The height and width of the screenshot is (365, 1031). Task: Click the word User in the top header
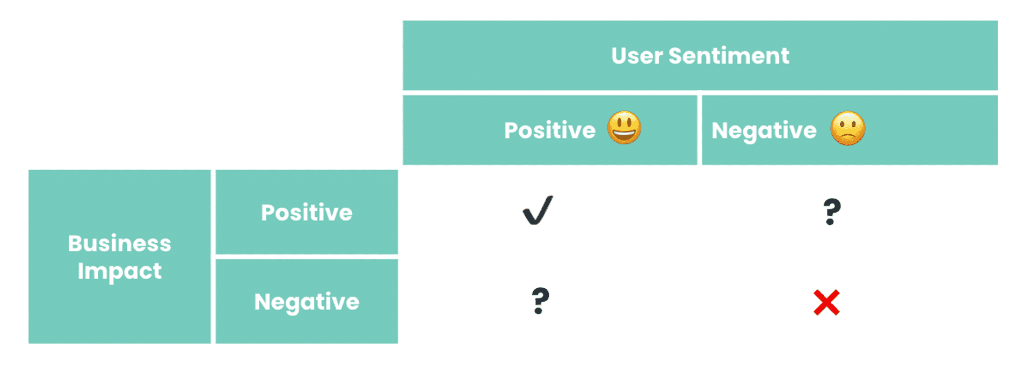(x=637, y=56)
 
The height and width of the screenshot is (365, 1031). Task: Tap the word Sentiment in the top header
(x=729, y=56)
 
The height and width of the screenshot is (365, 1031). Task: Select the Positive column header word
(x=550, y=130)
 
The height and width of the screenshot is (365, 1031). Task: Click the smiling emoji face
(x=624, y=128)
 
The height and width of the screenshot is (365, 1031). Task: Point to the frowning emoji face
(x=848, y=128)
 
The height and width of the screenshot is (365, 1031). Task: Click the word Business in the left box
(x=120, y=244)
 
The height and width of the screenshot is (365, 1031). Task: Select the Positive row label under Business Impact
(x=307, y=213)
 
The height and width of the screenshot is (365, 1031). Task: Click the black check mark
(x=538, y=210)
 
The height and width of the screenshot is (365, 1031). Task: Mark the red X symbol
(x=826, y=302)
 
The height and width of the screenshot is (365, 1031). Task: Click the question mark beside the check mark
(x=832, y=211)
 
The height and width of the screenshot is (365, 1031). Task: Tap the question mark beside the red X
(x=540, y=301)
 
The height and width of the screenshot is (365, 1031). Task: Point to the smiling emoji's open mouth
(x=624, y=134)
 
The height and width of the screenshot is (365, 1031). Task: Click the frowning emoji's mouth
(x=848, y=136)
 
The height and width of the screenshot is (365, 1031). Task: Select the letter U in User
(x=619, y=56)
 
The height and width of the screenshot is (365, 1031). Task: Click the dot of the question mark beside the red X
(x=539, y=311)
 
